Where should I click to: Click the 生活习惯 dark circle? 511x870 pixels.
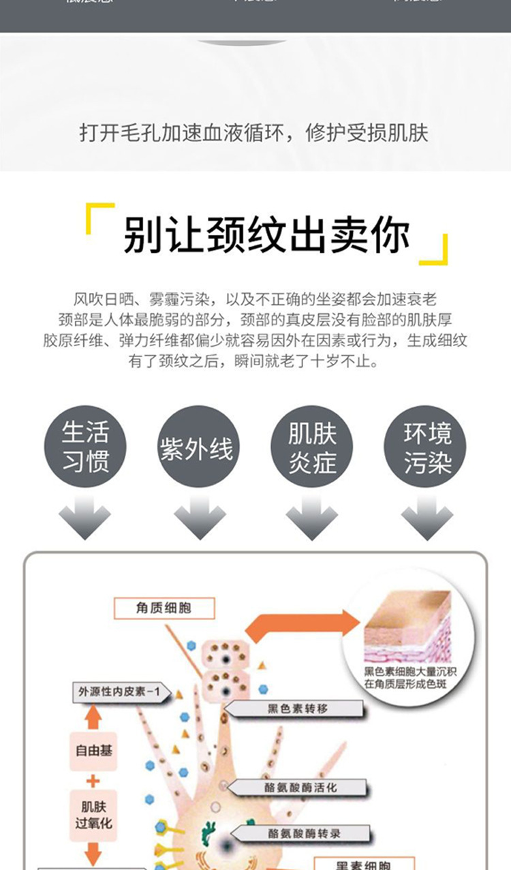tap(85, 446)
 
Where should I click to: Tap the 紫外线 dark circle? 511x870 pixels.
tap(197, 446)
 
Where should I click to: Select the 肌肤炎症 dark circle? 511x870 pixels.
tap(312, 446)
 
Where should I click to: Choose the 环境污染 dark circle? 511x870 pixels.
tap(427, 446)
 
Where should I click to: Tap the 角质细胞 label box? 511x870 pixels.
tap(164, 607)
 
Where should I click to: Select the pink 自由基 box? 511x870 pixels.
tap(93, 751)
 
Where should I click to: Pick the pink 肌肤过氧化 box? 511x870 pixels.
tap(93, 813)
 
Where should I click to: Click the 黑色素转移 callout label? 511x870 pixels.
tap(297, 709)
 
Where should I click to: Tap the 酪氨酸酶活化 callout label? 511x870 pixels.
tap(300, 788)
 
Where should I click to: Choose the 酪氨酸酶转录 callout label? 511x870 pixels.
tap(304, 833)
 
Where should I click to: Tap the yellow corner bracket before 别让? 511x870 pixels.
tap(98, 217)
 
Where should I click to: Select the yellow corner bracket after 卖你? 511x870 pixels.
tap(435, 249)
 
